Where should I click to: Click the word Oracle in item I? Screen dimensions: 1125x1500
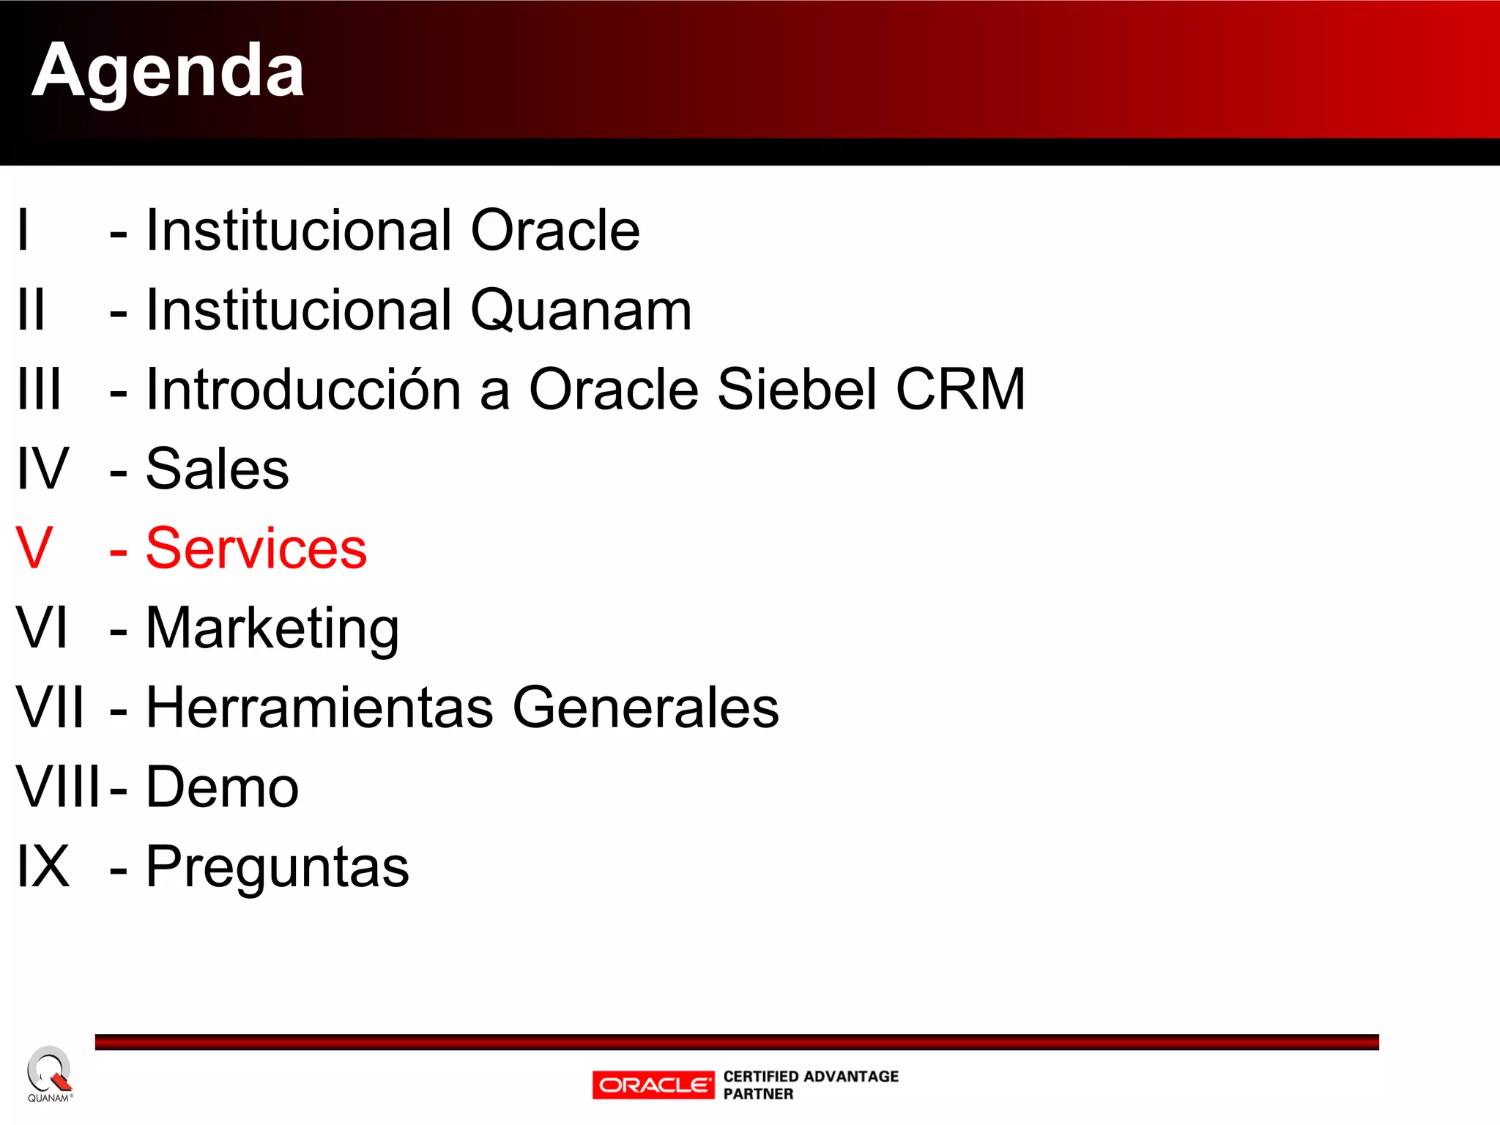click(x=554, y=231)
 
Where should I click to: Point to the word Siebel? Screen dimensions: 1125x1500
click(x=797, y=389)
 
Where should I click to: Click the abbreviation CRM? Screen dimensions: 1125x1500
click(x=960, y=389)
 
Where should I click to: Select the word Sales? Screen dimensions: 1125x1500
click(x=217, y=469)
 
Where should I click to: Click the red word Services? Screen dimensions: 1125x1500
click(x=256, y=549)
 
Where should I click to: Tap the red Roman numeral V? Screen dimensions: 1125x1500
click(x=34, y=549)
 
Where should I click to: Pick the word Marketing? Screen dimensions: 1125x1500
click(x=272, y=629)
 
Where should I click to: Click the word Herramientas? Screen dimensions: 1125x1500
click(x=319, y=708)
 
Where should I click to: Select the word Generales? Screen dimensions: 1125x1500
click(x=645, y=708)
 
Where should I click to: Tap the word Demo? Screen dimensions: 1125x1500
click(x=222, y=787)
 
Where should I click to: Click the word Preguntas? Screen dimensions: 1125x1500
click(x=277, y=867)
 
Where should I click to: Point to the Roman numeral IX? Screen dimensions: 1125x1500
click(x=43, y=867)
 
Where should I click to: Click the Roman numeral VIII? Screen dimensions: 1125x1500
click(x=58, y=787)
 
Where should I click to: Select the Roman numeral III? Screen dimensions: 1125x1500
click(x=39, y=389)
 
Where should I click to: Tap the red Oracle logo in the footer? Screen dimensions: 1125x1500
click(x=653, y=1085)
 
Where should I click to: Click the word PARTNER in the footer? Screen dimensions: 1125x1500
click(x=758, y=1094)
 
